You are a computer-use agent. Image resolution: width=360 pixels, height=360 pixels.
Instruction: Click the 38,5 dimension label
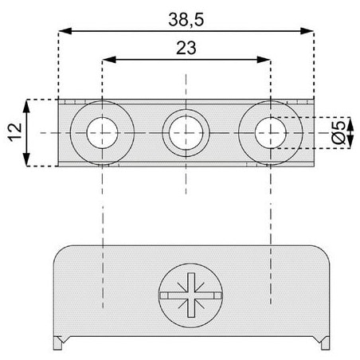[186, 20]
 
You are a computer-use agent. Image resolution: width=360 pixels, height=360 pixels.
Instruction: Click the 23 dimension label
[186, 48]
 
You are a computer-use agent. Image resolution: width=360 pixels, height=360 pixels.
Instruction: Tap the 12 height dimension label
[15, 132]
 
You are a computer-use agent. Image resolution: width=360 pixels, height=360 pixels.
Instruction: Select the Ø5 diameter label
[339, 133]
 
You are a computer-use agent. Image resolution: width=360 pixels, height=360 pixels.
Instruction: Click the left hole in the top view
[102, 133]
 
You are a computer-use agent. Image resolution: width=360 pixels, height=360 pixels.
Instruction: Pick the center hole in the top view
[186, 133]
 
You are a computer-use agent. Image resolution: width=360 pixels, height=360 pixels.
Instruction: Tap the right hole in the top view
[271, 133]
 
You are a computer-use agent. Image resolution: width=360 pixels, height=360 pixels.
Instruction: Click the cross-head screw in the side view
[191, 295]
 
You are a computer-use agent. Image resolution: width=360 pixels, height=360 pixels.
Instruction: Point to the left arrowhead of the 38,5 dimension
[65, 31]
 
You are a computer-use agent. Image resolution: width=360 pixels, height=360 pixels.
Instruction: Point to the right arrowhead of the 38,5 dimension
[307, 31]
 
